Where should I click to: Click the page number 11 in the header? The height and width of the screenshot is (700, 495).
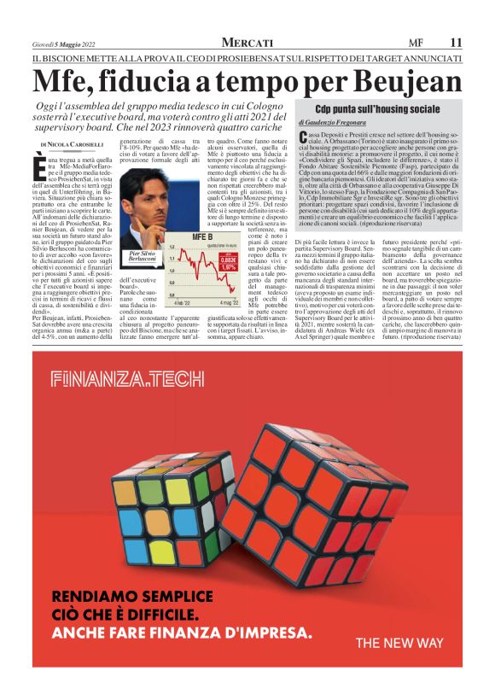[456, 42]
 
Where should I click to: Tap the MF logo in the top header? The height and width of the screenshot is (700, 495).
[416, 42]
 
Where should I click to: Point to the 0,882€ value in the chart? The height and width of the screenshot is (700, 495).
[227, 260]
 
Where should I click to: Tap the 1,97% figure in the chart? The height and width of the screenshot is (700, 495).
[228, 267]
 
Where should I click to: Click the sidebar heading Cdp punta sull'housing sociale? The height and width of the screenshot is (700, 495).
[377, 109]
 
